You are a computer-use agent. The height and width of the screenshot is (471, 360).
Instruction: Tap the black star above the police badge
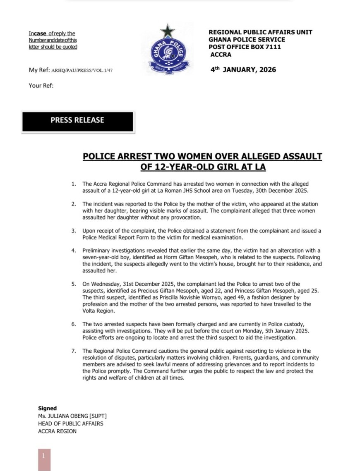[168, 31]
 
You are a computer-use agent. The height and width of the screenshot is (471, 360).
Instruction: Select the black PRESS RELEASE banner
[77, 120]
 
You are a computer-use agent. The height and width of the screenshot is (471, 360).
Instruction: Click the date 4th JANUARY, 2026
[243, 69]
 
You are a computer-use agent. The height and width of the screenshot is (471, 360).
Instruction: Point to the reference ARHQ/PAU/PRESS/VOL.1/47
[82, 70]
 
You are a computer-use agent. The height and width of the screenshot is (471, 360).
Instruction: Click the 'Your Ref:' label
[41, 86]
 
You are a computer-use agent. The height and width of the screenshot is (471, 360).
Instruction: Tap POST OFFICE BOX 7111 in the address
[245, 47]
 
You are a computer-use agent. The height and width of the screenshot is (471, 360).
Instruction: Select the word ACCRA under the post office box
[221, 55]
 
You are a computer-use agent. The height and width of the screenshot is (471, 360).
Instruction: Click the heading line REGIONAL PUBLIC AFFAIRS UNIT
[260, 32]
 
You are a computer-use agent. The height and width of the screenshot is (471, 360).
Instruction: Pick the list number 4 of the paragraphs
[73, 251]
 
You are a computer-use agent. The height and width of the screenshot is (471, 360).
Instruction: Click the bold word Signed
[47, 408]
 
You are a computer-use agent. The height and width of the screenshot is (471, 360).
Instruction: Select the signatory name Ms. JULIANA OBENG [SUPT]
[72, 416]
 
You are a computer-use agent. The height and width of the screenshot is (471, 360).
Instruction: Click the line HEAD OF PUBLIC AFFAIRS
[70, 423]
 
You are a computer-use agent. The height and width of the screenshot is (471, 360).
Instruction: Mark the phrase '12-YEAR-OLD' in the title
[174, 167]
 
